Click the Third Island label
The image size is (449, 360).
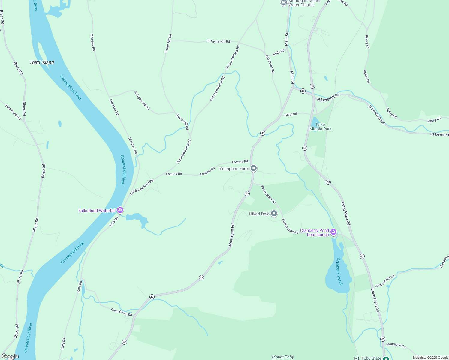tap(42, 62)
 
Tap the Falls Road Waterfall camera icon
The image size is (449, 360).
tap(120, 210)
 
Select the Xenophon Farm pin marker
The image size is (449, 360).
tap(254, 168)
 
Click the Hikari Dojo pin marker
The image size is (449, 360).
tap(274, 214)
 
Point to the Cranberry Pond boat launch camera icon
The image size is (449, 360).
tap(333, 232)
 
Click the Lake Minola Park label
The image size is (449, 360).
tap(321, 127)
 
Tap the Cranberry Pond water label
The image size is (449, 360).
tap(339, 271)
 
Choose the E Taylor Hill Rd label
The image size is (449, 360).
tap(218, 41)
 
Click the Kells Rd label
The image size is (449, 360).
tap(279, 52)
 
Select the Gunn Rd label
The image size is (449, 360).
tap(291, 114)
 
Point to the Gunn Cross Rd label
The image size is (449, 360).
tap(121, 312)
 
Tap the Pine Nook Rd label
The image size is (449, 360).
tap(13, 112)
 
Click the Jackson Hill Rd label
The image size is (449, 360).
tap(384, 281)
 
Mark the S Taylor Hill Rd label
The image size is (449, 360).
tap(142, 100)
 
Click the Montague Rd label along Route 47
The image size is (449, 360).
tap(231, 235)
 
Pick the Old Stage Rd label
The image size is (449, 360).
tap(270, 64)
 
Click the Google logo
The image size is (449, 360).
tap(10, 356)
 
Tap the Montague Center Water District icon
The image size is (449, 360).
tap(284, 3)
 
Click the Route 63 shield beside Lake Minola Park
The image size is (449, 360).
tap(305, 148)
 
